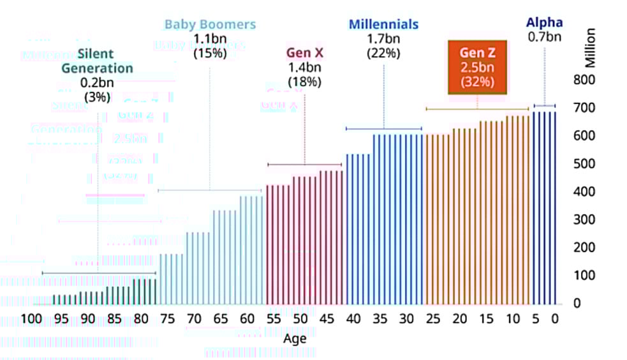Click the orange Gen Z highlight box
pos(477,67)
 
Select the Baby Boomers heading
pos(210,25)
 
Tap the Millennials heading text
pos(383,25)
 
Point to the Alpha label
pos(544,23)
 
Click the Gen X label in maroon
pos(304,52)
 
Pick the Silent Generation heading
pos(98,61)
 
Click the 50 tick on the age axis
pos(300,319)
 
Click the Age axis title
pos(295,339)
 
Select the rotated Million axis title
pos(591,49)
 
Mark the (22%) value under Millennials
pos(383,53)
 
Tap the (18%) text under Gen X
pos(304,82)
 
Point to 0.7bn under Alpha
pos(544,37)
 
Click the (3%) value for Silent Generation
pos(98,97)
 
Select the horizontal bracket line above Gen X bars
pos(304,165)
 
